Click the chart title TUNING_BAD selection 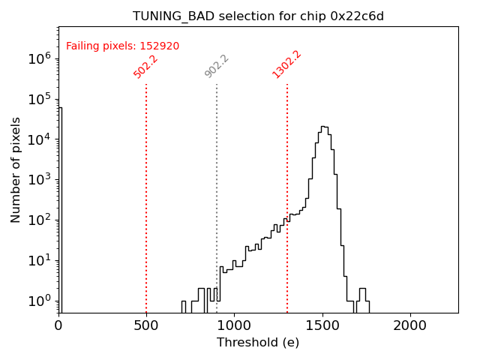(258, 16)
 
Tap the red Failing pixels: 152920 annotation (122, 46)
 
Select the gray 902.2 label (217, 66)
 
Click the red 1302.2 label (286, 64)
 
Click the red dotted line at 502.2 (146, 195)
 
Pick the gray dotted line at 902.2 (217, 195)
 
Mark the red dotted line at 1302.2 (287, 195)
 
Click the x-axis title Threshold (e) (258, 343)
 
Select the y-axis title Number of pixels (16, 169)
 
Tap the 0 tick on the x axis (58, 325)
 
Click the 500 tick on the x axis (146, 325)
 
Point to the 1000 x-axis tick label (234, 325)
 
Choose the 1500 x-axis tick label (322, 325)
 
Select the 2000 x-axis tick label (410, 325)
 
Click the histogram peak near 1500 (322, 127)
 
